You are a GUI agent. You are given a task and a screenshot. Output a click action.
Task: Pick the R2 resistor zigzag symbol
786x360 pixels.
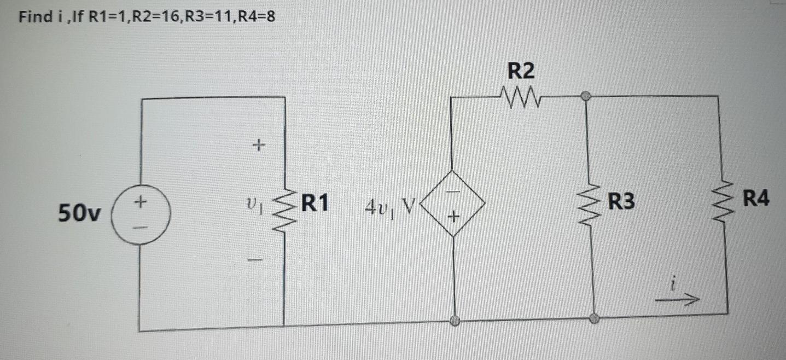pyautogui.click(x=520, y=99)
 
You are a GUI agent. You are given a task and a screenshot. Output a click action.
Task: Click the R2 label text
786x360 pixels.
pyautogui.click(x=521, y=71)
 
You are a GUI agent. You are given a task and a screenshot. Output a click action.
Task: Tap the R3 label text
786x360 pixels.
pyautogui.click(x=622, y=202)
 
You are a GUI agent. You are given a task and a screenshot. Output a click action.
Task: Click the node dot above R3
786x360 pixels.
pyautogui.click(x=586, y=96)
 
